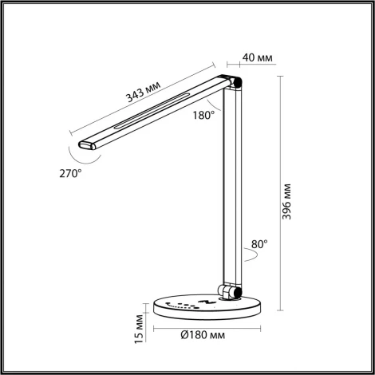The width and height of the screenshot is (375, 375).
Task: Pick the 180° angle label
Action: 203,116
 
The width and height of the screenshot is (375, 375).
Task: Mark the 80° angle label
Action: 260,244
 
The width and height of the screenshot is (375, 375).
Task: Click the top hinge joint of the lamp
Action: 234,82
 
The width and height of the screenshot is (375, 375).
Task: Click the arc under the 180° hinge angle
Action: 214,105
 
